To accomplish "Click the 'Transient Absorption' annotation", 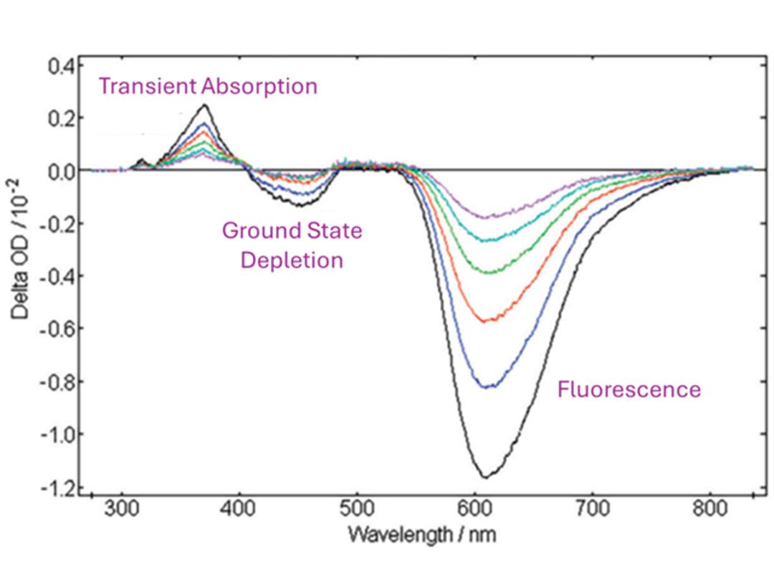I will pos(208,87).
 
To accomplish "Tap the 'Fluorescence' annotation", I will pos(629,389).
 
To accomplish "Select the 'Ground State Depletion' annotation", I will pos(292,245).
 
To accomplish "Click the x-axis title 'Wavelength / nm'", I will pos(421,534).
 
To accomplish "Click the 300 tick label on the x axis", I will pos(122,511).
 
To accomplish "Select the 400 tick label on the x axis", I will pos(239,511).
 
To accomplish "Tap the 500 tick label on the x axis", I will pos(357,511).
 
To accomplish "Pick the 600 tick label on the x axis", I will pos(474,511).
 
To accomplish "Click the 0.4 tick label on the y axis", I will pos(61,66).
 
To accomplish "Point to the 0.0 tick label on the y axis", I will pos(61,171).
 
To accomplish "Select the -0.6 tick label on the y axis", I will pos(57,329).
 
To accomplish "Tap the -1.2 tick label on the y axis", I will pos(57,488).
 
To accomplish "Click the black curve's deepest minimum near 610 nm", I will pos(485,477).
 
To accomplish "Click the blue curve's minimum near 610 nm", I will pos(487,387).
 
